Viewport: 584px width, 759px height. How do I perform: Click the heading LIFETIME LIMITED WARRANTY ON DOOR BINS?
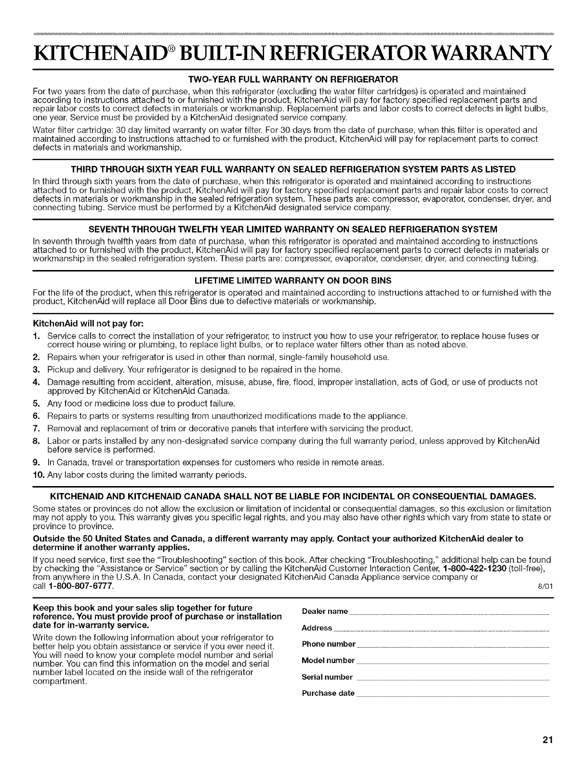coord(292,280)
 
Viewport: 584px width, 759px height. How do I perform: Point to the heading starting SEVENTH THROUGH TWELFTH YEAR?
coord(292,228)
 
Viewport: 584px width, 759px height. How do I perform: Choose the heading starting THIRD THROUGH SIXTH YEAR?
coord(292,169)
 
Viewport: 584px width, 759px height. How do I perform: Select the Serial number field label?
coord(327,677)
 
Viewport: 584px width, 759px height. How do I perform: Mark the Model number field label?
coord(328,661)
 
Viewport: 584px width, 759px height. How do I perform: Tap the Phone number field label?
coord(329,644)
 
